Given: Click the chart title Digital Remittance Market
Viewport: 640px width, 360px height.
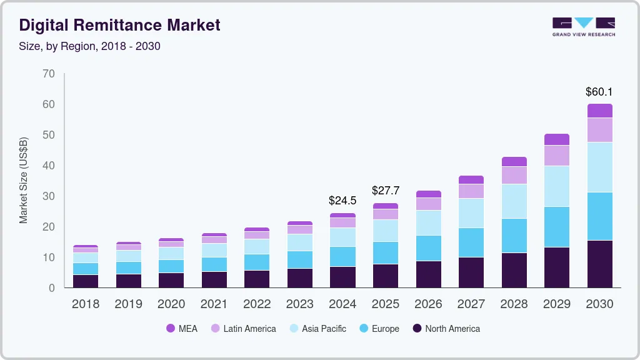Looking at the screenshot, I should pos(119,25).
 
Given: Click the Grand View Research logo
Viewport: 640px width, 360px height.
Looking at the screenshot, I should pos(583,26).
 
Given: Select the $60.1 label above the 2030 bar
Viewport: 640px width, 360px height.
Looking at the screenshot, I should pos(599,92).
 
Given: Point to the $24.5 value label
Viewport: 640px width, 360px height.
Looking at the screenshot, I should pos(342,201).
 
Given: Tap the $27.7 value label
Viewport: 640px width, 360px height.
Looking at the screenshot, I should pos(385,190).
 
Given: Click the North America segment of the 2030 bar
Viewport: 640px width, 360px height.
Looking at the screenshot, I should pos(599,264).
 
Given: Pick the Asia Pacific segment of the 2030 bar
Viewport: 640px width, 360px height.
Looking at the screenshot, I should pos(599,167).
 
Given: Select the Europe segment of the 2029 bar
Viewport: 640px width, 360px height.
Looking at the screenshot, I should pos(556,227).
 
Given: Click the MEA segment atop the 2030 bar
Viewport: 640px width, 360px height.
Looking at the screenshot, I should pos(599,111).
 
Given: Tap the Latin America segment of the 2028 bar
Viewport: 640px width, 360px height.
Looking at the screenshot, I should pos(514,175).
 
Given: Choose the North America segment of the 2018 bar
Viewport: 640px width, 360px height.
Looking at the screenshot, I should pos(85,281).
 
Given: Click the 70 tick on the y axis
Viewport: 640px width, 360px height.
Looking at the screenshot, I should pos(49,74).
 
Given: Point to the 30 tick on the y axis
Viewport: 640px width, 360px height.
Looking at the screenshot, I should pos(49,196).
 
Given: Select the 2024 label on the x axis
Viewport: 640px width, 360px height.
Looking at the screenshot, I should pos(342,304).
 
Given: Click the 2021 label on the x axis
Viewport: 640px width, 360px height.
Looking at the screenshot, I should pos(214,304).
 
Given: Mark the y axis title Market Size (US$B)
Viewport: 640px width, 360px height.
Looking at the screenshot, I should pos(24,180).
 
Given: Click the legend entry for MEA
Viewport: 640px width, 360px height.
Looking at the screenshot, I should pos(182,329).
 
